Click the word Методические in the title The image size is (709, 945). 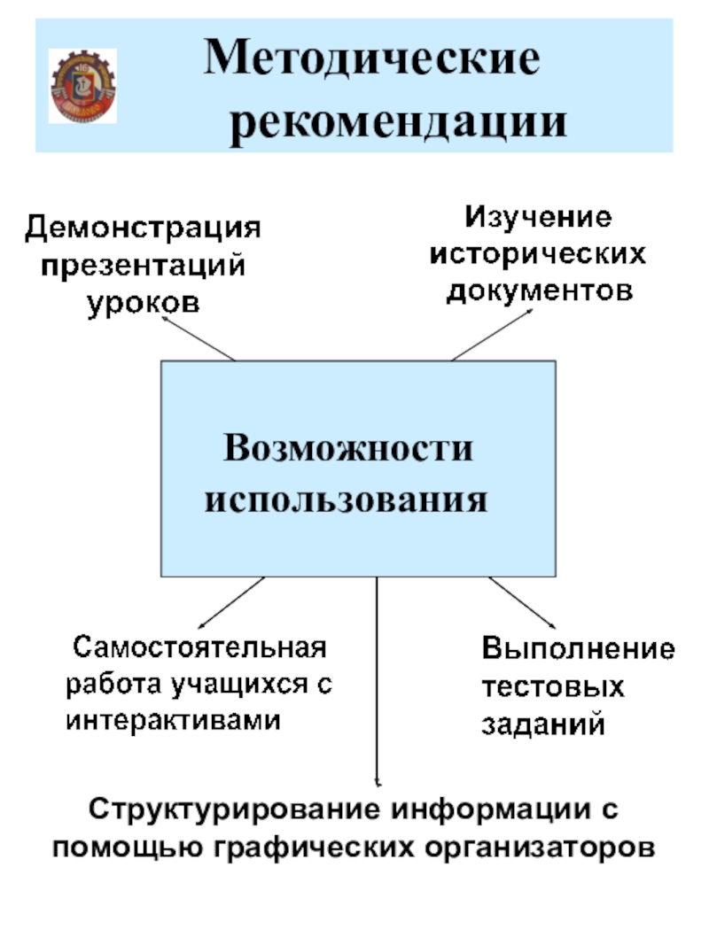372,59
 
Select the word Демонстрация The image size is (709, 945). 143,229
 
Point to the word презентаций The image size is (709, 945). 143,265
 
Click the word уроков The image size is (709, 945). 143,301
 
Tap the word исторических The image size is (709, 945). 539,254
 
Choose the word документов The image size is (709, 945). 539,290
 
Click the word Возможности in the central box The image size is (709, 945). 347,448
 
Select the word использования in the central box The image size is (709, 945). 347,500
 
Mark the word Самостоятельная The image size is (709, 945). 199,647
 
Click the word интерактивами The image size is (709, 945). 174,720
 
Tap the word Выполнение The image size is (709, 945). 578,651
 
